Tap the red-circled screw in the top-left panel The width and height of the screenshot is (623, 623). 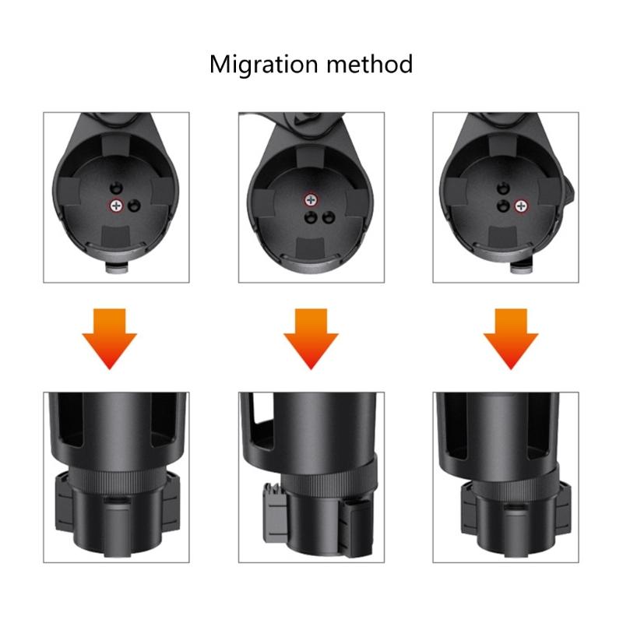pos(116,205)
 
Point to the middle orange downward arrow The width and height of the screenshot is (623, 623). pos(311,336)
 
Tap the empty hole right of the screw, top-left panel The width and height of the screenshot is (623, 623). pos(134,205)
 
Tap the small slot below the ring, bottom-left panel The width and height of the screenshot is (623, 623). pos(115,501)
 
